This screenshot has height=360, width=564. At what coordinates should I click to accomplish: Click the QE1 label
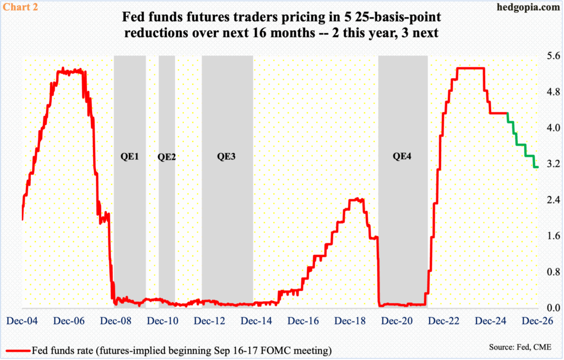(x=129, y=156)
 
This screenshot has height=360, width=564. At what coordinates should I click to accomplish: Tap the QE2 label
(x=166, y=156)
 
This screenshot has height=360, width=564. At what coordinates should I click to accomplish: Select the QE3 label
(x=226, y=156)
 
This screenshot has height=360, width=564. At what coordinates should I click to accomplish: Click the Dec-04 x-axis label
(x=22, y=320)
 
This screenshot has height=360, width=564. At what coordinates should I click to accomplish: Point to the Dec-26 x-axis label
(x=538, y=320)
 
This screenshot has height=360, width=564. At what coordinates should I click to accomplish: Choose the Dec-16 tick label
(x=303, y=320)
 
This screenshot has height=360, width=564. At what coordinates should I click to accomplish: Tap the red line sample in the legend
(x=17, y=350)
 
